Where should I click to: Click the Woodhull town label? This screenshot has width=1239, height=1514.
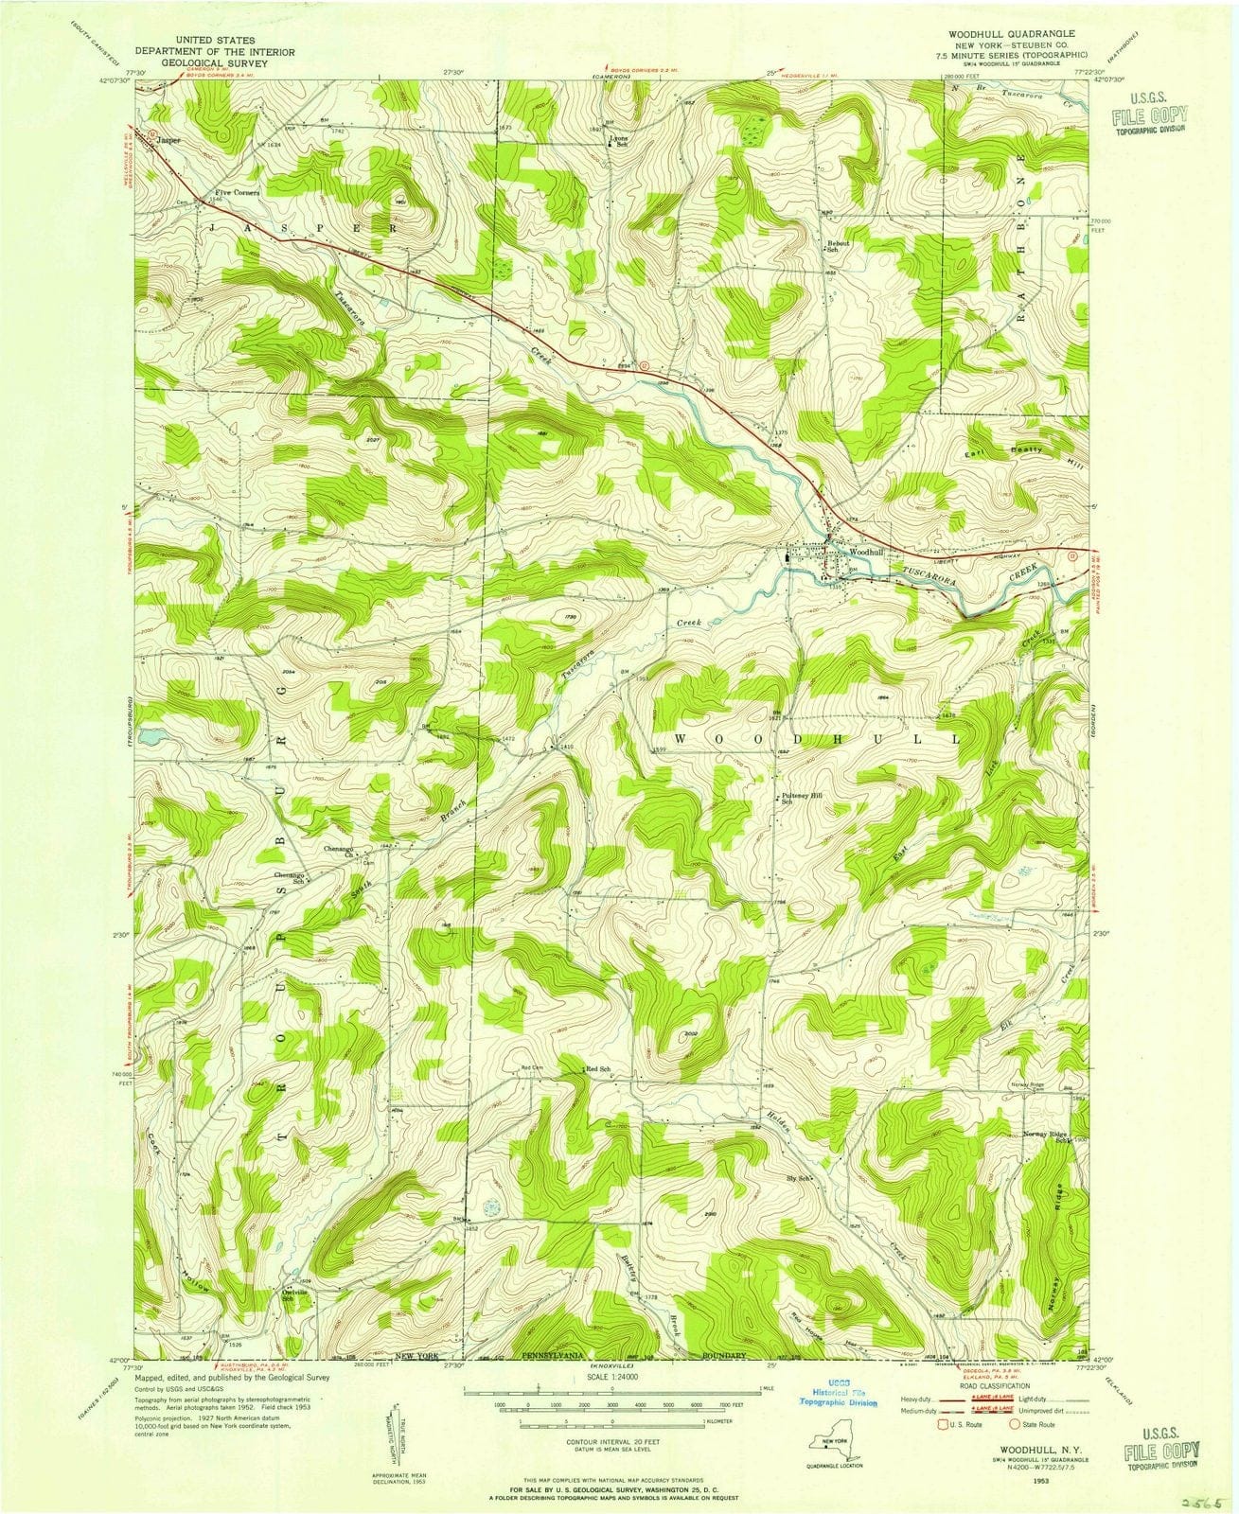tap(865, 552)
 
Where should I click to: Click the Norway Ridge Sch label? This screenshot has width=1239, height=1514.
tap(1046, 1136)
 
